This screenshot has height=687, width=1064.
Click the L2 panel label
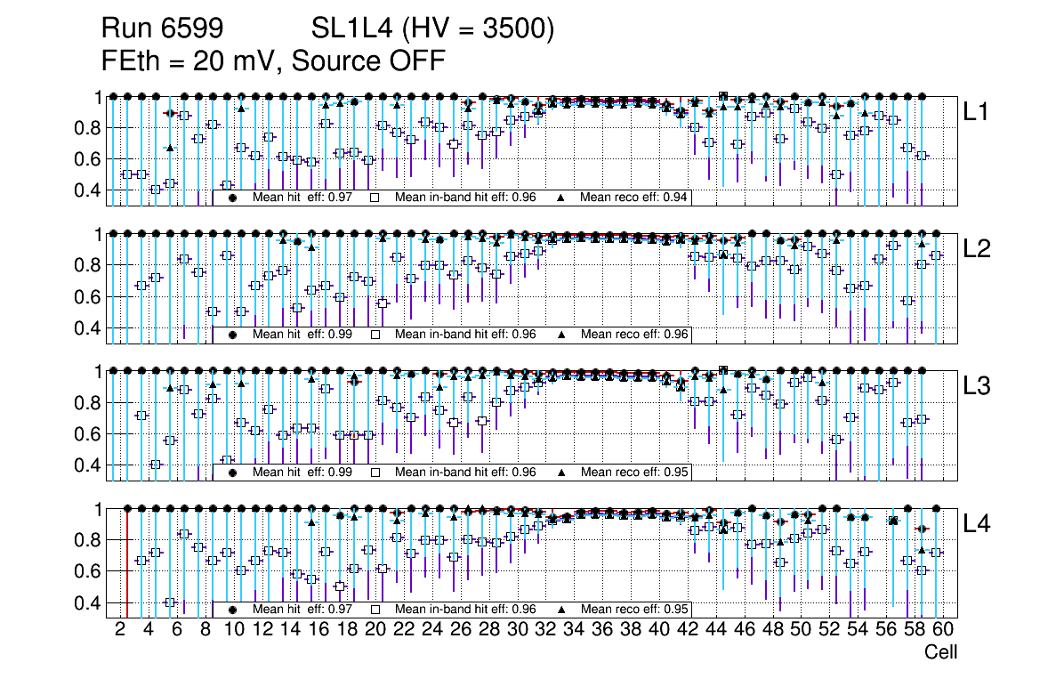tap(976, 248)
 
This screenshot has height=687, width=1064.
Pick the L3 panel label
tap(976, 386)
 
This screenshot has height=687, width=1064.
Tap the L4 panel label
tap(976, 524)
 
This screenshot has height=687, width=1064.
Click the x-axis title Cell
tap(940, 652)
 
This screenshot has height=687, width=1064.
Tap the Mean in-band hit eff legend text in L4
tap(464, 610)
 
